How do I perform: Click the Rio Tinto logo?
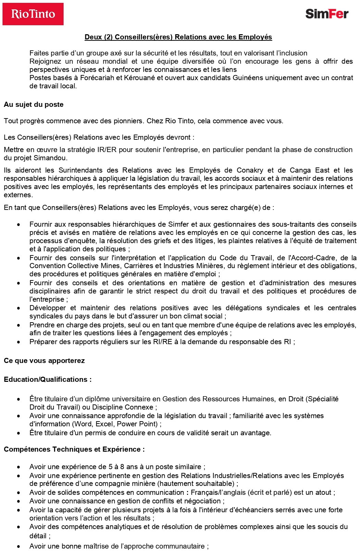(x=33, y=14)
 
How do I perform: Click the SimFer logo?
(x=327, y=14)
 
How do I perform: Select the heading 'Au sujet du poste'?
(x=34, y=104)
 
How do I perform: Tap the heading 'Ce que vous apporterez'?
(x=44, y=361)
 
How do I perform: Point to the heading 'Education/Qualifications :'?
(x=48, y=379)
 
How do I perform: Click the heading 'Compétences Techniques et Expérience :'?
(x=74, y=449)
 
